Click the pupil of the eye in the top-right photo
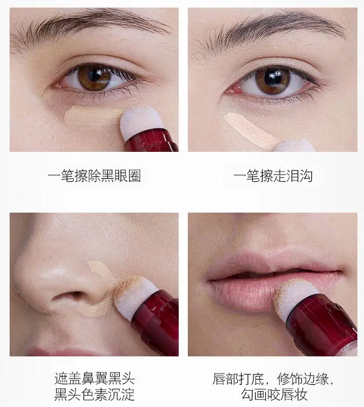272,80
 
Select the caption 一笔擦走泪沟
272,176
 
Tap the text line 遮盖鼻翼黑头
94,379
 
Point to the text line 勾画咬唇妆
273,394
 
